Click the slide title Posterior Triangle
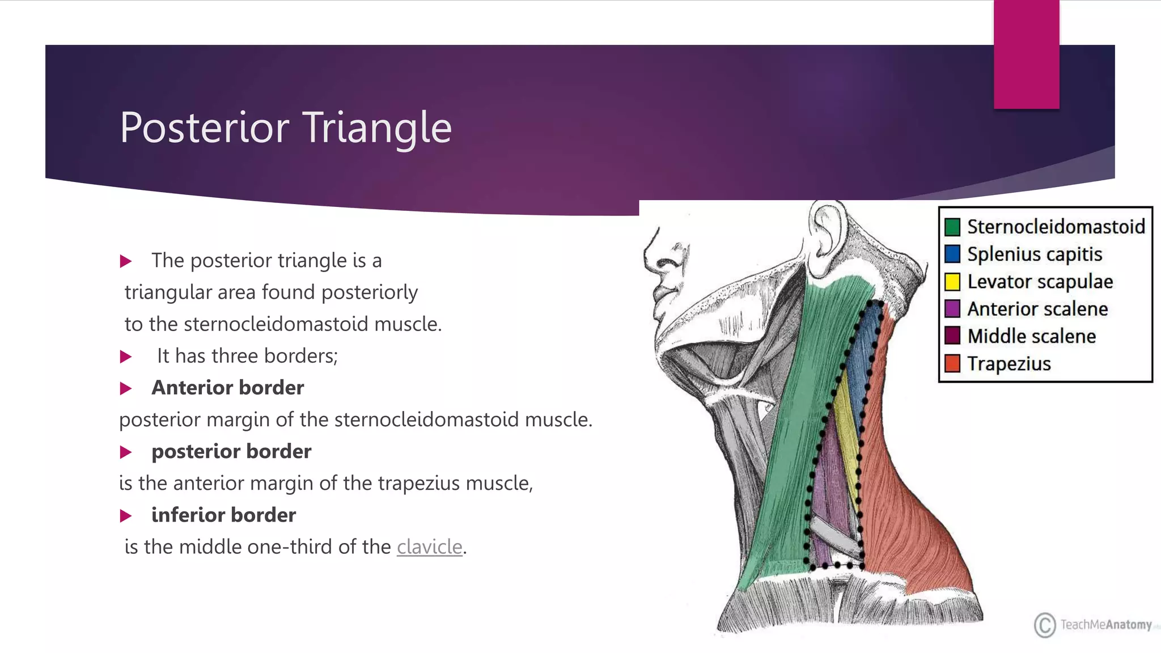click(x=285, y=128)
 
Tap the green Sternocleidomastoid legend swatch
click(x=952, y=227)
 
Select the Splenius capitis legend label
click(x=1035, y=254)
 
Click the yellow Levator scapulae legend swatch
click(x=952, y=282)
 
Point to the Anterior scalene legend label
click(x=1037, y=309)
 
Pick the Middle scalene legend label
click(x=1032, y=336)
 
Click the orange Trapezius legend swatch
click(x=952, y=363)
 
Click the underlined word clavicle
click(x=429, y=547)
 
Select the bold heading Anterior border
click(x=227, y=388)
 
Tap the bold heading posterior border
click(x=231, y=451)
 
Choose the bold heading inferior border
click(x=223, y=515)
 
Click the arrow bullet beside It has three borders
click(x=126, y=357)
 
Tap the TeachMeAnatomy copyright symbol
click(x=1044, y=625)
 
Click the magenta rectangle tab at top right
click(x=1026, y=54)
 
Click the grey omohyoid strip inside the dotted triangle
click(x=833, y=536)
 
